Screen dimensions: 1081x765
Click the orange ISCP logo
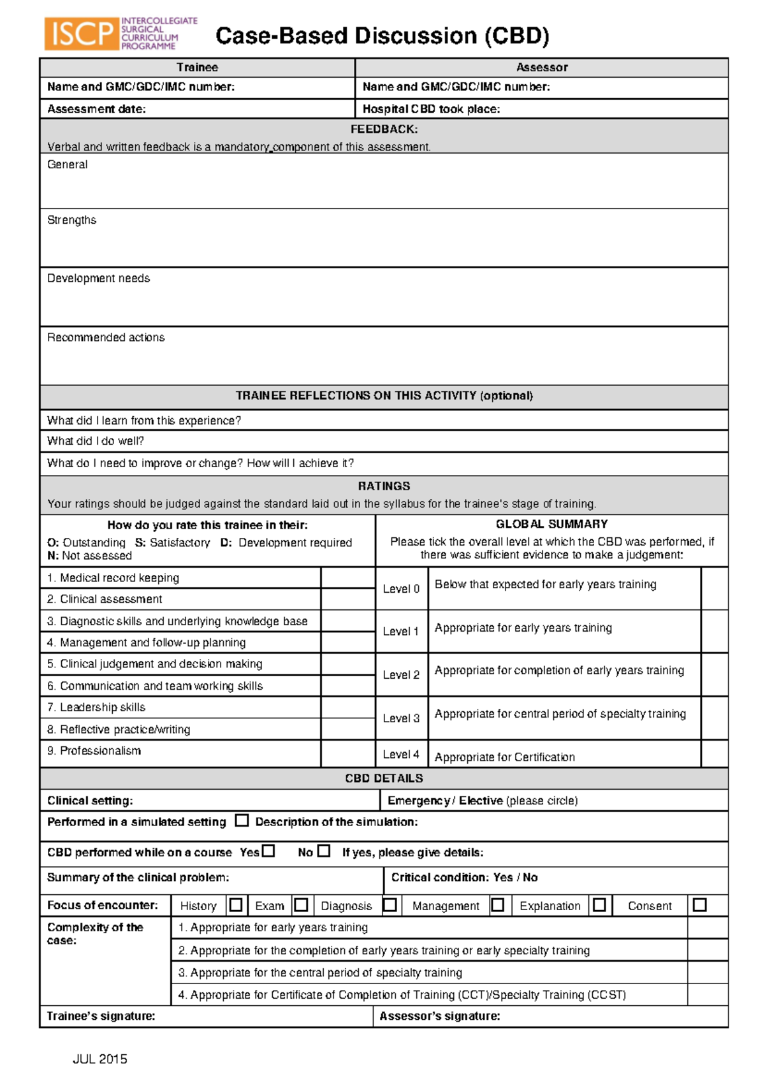coord(82,34)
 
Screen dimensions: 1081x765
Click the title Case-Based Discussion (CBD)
coord(382,36)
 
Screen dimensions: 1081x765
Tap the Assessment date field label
coord(96,109)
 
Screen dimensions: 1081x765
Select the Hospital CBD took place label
coord(431,109)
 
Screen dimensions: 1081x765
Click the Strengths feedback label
coord(71,220)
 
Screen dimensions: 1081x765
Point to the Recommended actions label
coord(106,337)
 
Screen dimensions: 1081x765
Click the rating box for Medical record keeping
coord(347,577)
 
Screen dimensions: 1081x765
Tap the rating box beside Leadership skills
coord(347,707)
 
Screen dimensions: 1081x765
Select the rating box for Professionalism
coord(347,753)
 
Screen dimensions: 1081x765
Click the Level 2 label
coord(401,674)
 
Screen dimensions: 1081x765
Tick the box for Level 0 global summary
coord(714,588)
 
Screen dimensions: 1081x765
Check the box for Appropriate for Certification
coord(714,754)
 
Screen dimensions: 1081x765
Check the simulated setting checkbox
coord(242,820)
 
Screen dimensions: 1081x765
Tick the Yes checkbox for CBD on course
coord(268,851)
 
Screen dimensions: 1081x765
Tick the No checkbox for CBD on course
coord(324,851)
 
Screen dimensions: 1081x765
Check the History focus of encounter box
coord(236,905)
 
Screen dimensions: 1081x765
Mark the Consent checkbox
coord(700,905)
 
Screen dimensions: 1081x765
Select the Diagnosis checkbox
coord(390,905)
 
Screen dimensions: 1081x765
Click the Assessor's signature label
coord(439,1016)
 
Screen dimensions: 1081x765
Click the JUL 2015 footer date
coord(100,1059)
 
